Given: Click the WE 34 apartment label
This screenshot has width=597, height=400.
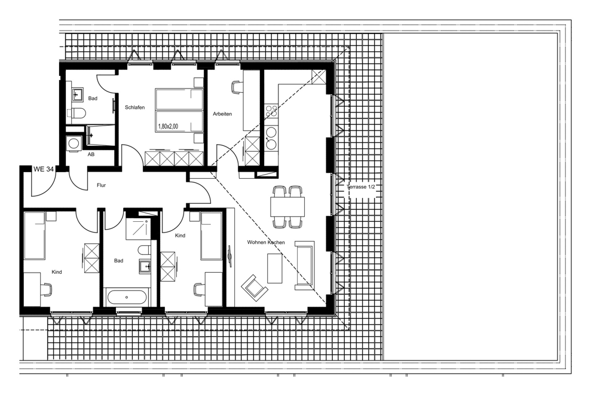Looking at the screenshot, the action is pyautogui.click(x=44, y=169).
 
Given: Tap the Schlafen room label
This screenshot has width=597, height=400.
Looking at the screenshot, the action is pyautogui.click(x=135, y=108).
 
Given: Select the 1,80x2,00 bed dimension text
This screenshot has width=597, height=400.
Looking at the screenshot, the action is pyautogui.click(x=168, y=127).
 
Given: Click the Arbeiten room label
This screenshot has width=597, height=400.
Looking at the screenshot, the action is pyautogui.click(x=222, y=114).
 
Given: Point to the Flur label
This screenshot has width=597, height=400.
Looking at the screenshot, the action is pyautogui.click(x=101, y=185).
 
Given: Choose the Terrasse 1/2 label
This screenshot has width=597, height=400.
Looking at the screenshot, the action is pyautogui.click(x=361, y=187).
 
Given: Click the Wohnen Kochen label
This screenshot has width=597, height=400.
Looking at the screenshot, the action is pyautogui.click(x=266, y=242).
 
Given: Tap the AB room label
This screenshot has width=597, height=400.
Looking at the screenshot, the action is pyautogui.click(x=91, y=154).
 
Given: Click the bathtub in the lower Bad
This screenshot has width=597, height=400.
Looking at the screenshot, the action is pyautogui.click(x=127, y=297).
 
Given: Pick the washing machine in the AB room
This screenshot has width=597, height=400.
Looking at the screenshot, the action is pyautogui.click(x=73, y=144).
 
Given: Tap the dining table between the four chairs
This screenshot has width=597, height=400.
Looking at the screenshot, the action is pyautogui.click(x=287, y=207).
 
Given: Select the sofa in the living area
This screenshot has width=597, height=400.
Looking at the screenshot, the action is pyautogui.click(x=305, y=265).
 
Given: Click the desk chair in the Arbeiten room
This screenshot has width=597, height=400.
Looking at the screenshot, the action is pyautogui.click(x=237, y=87).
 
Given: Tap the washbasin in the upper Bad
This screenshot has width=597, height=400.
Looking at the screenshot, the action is pyautogui.click(x=78, y=94).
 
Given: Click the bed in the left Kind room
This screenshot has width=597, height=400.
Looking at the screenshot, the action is pyautogui.click(x=34, y=236).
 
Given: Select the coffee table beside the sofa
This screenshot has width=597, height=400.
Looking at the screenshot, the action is pyautogui.click(x=275, y=269).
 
